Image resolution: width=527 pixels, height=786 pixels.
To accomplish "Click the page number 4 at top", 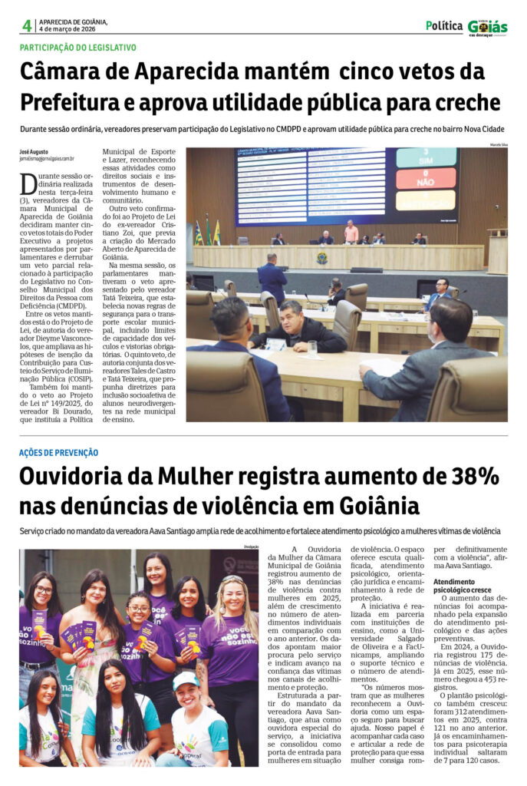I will point(27,25).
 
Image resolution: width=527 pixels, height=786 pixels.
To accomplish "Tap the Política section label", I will point(444,25).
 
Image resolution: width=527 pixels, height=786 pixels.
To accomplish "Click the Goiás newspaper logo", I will point(488,27).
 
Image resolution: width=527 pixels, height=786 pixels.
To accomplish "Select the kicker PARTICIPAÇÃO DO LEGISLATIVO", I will point(78,48).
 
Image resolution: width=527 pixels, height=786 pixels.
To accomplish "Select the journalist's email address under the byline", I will point(47,159).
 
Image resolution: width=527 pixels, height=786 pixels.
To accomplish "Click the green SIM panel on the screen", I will point(426,158).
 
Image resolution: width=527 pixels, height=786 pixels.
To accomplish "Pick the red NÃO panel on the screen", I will point(426,179).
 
